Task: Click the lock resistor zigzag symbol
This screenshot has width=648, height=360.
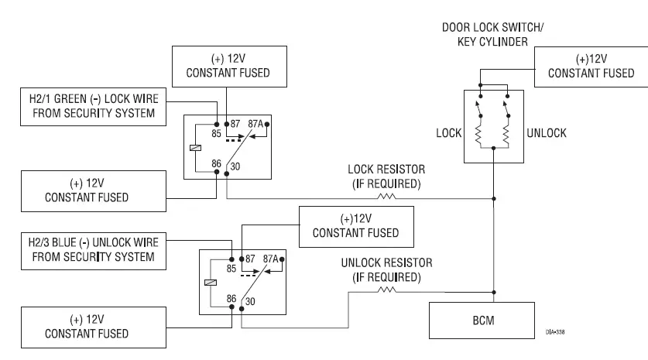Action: pos(386,197)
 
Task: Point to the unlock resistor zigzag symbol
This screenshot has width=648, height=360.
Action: pos(387,290)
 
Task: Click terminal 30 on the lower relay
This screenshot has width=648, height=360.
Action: pos(249,301)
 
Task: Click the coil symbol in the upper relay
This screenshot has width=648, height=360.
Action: pos(195,148)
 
